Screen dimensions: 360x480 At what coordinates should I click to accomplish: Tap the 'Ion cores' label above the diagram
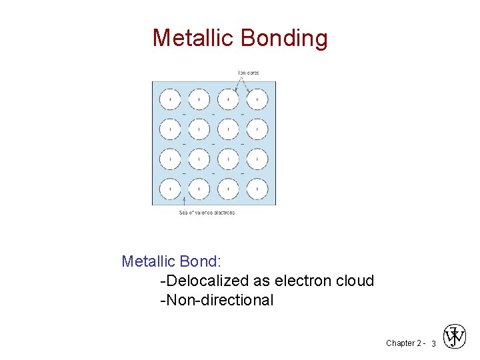click(x=248, y=73)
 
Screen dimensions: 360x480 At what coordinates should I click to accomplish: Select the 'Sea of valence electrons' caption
click(x=207, y=213)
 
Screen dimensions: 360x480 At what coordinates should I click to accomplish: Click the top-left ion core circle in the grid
click(x=170, y=99)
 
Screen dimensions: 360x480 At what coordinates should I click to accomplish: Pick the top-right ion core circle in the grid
click(x=257, y=99)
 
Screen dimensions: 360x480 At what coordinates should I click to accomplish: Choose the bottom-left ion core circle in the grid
click(x=170, y=189)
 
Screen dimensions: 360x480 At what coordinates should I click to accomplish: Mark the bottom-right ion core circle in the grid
click(x=257, y=189)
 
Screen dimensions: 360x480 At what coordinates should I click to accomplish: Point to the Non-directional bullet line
click(x=217, y=300)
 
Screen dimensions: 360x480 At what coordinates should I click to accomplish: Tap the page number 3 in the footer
click(x=433, y=343)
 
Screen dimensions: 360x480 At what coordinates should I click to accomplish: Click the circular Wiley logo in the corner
click(x=455, y=337)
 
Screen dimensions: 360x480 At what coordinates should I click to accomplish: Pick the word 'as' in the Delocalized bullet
click(x=263, y=281)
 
